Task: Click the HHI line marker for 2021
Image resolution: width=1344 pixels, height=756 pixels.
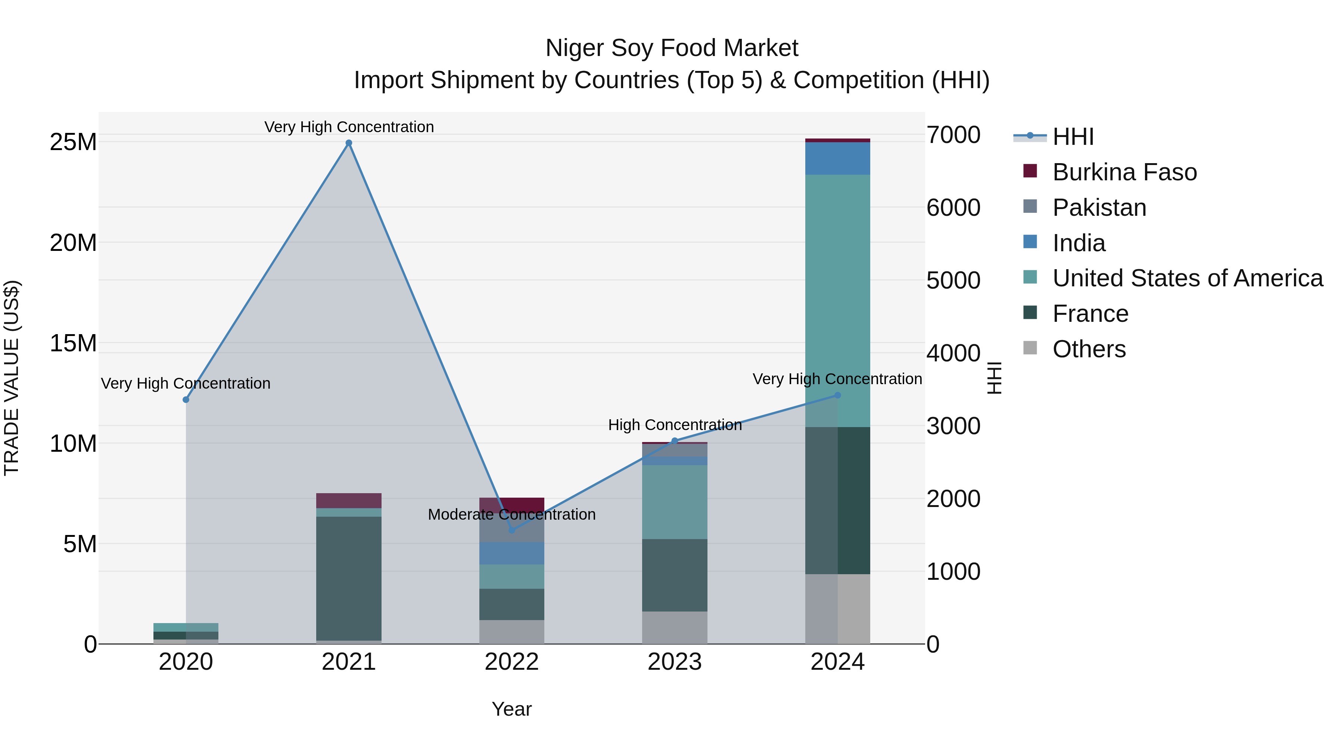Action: click(349, 143)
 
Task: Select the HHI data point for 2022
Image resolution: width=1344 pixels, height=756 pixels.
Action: click(512, 530)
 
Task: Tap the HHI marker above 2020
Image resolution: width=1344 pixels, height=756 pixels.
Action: click(186, 399)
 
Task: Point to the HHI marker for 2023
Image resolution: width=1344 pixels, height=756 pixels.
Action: click(675, 441)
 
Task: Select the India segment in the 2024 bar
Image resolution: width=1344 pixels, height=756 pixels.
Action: click(837, 158)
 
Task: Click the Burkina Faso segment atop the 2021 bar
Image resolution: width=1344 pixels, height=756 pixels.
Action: click(349, 500)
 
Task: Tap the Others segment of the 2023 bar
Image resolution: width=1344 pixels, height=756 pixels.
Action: click(675, 627)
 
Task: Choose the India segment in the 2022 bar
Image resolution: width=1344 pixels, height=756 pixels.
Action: click(512, 553)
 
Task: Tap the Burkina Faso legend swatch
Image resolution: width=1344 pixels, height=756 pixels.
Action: click(1030, 171)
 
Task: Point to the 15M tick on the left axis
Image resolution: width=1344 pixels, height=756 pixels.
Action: click(73, 343)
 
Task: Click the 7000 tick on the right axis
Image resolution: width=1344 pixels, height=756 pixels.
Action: click(953, 135)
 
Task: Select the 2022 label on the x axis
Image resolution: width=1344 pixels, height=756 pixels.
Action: click(512, 662)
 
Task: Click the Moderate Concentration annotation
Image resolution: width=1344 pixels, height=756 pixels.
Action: click(512, 514)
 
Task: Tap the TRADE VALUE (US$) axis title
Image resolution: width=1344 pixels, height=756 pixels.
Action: click(12, 378)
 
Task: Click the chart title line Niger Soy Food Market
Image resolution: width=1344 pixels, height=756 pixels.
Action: click(672, 48)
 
